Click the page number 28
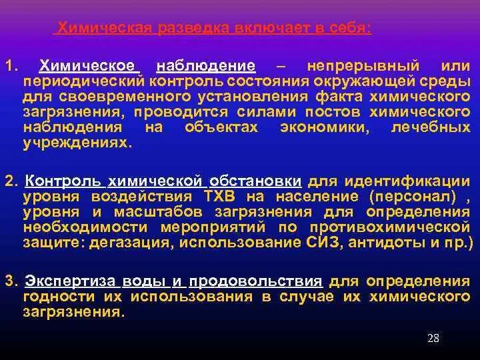[x=433, y=339]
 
